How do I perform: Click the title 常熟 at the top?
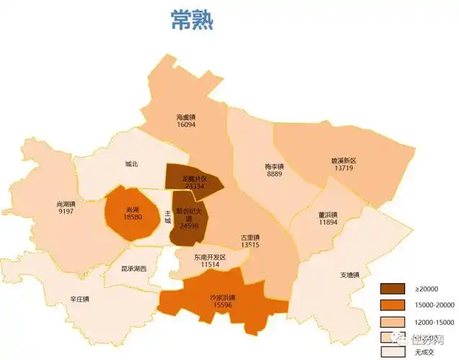(x=192, y=19)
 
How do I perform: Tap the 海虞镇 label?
(x=186, y=117)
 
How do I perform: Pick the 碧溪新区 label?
(x=344, y=159)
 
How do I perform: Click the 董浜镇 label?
(x=328, y=214)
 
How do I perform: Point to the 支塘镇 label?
(x=349, y=275)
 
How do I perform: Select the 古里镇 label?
(x=250, y=237)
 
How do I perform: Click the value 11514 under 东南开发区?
(x=210, y=265)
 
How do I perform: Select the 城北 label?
(x=132, y=163)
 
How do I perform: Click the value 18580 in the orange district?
(x=133, y=216)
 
